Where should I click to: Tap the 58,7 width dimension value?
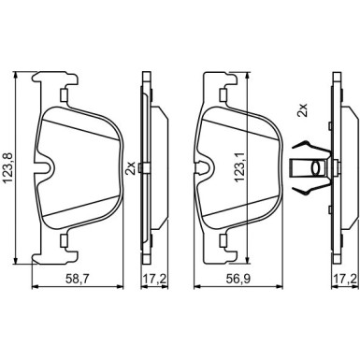(x=76, y=278)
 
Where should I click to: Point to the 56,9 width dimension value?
(x=238, y=278)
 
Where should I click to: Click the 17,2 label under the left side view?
(x=153, y=278)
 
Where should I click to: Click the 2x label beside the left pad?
(x=130, y=167)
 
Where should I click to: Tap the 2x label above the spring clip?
(x=302, y=110)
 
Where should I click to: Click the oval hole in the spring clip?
(x=317, y=167)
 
